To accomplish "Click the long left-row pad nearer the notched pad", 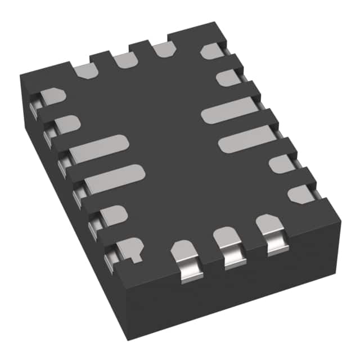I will click(112, 179).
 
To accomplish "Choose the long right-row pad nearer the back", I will click(228, 109).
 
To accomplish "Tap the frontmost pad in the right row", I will click(301, 193).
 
